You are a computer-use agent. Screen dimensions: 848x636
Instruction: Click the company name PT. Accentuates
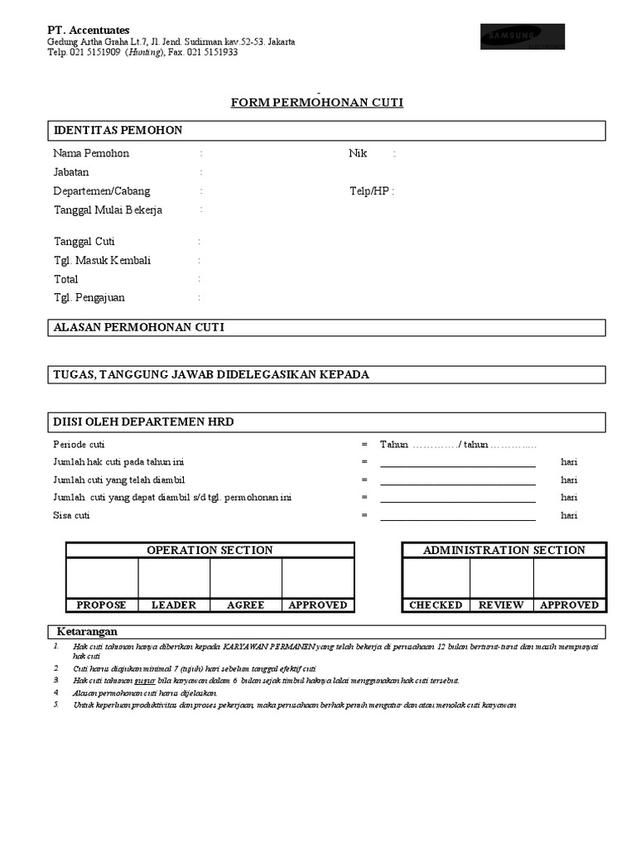click(x=88, y=30)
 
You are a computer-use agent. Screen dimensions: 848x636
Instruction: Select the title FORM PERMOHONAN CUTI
click(x=316, y=103)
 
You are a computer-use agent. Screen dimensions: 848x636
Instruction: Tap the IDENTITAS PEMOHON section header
click(x=118, y=131)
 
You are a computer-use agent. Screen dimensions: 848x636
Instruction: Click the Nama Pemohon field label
click(x=91, y=153)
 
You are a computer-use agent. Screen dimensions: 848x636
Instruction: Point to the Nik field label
click(x=358, y=153)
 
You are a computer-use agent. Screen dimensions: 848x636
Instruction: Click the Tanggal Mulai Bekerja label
click(x=108, y=210)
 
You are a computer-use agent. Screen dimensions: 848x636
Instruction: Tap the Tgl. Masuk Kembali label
click(x=102, y=261)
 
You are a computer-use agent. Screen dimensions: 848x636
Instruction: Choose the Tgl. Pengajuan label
click(x=89, y=298)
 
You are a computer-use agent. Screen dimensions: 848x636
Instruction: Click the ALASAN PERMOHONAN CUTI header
click(x=138, y=328)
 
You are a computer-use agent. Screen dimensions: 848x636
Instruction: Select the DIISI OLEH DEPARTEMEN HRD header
click(x=143, y=422)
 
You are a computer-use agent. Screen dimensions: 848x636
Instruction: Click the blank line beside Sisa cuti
click(x=457, y=516)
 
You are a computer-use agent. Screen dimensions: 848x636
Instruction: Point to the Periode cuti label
click(x=79, y=445)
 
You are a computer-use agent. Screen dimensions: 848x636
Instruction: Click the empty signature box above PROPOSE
click(x=102, y=578)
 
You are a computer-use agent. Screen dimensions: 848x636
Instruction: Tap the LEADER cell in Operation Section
click(x=174, y=605)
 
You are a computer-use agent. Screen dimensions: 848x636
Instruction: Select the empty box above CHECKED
click(x=436, y=578)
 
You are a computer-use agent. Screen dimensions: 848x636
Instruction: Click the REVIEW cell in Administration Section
click(x=501, y=605)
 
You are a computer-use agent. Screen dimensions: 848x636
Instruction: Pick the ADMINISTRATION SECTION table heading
click(x=503, y=551)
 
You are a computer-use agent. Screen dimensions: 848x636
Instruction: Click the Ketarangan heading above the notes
click(x=87, y=631)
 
